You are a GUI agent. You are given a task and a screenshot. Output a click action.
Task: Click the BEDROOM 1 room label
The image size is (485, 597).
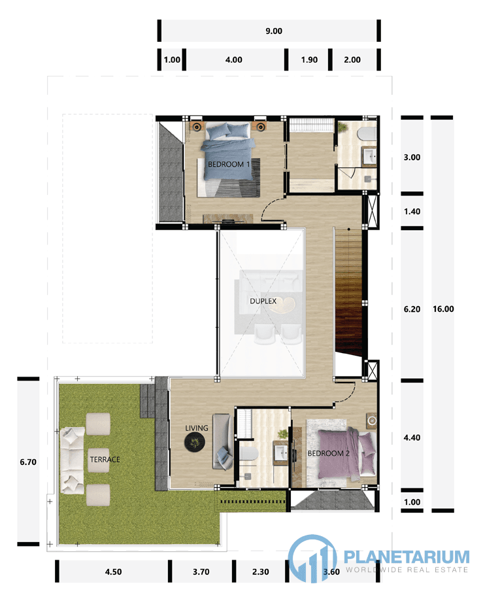point(229,165)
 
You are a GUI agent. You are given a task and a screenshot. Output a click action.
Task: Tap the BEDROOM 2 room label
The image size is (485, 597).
point(329,453)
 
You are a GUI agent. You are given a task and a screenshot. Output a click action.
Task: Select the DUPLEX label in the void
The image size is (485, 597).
point(263,301)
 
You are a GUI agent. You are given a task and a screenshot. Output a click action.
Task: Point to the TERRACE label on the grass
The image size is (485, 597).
point(105,460)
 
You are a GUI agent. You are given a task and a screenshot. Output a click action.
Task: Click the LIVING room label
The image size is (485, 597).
point(197,428)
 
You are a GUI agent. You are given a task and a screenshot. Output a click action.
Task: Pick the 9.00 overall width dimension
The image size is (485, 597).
point(274,31)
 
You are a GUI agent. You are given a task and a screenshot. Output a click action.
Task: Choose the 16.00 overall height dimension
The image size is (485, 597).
point(443,309)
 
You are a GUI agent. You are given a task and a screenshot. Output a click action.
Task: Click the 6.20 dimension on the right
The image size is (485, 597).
point(412,309)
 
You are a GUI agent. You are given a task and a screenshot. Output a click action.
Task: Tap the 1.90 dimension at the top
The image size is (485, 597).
point(309,60)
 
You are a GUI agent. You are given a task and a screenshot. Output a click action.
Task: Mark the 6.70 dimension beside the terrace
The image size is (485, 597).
point(28,462)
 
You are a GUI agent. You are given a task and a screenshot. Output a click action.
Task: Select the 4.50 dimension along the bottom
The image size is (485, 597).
point(114,572)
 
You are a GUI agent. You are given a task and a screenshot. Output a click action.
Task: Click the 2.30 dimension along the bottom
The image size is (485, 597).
point(261,572)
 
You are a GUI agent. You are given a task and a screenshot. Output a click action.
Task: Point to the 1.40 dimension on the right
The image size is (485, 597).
point(412,212)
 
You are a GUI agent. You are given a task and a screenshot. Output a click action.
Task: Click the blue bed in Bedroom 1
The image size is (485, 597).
point(228,152)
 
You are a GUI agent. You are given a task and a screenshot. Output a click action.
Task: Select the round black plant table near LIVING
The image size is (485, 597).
point(195,442)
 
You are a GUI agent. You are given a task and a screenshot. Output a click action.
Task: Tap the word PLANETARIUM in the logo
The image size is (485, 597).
point(407,556)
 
